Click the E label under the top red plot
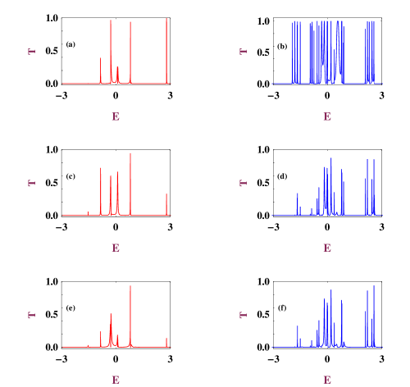tap(116, 117)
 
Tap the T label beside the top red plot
tap(32, 52)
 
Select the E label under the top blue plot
tap(327, 117)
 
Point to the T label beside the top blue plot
tap(243, 52)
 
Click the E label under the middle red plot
tap(116, 248)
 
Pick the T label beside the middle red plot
tap(32, 183)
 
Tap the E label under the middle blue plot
tap(327, 248)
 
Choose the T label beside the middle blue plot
tap(243, 183)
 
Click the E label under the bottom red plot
tap(116, 380)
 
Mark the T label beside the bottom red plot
tap(32, 315)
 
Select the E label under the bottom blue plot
tap(327, 380)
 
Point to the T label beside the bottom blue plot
tap(243, 315)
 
